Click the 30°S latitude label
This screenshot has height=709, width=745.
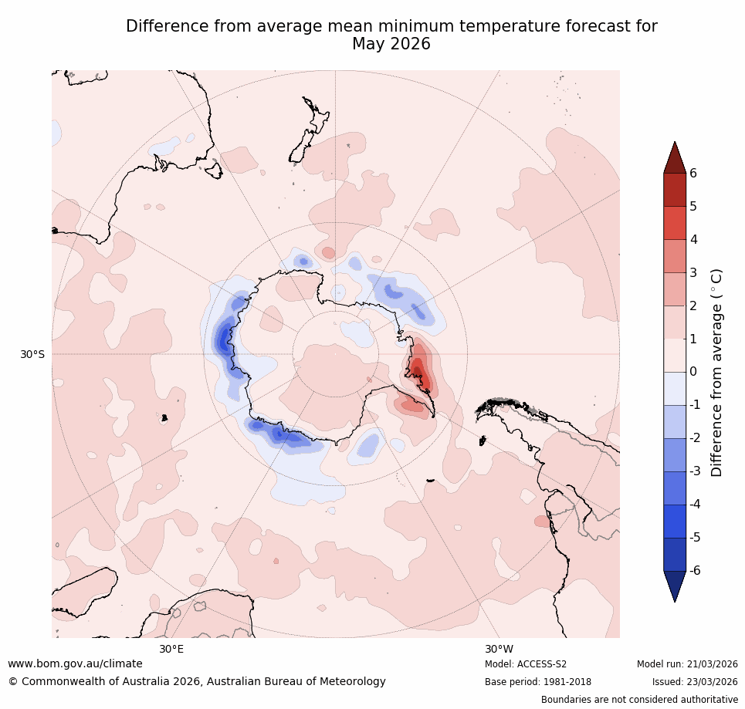[32, 354]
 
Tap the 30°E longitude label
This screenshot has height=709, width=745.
[171, 649]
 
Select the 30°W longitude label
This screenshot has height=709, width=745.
[499, 649]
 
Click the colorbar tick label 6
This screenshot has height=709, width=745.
[693, 173]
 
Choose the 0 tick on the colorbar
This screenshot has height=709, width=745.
[693, 372]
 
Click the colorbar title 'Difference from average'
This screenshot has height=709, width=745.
[716, 372]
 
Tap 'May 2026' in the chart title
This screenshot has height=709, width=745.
[391, 45]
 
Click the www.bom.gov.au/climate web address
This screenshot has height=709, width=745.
[75, 663]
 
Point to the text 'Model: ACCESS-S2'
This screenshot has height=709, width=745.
[526, 664]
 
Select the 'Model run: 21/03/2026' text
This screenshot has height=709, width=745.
[687, 664]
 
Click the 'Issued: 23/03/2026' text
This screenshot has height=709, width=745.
[695, 682]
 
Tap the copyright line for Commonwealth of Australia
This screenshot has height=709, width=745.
[197, 682]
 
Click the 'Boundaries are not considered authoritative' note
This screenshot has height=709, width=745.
[639, 700]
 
